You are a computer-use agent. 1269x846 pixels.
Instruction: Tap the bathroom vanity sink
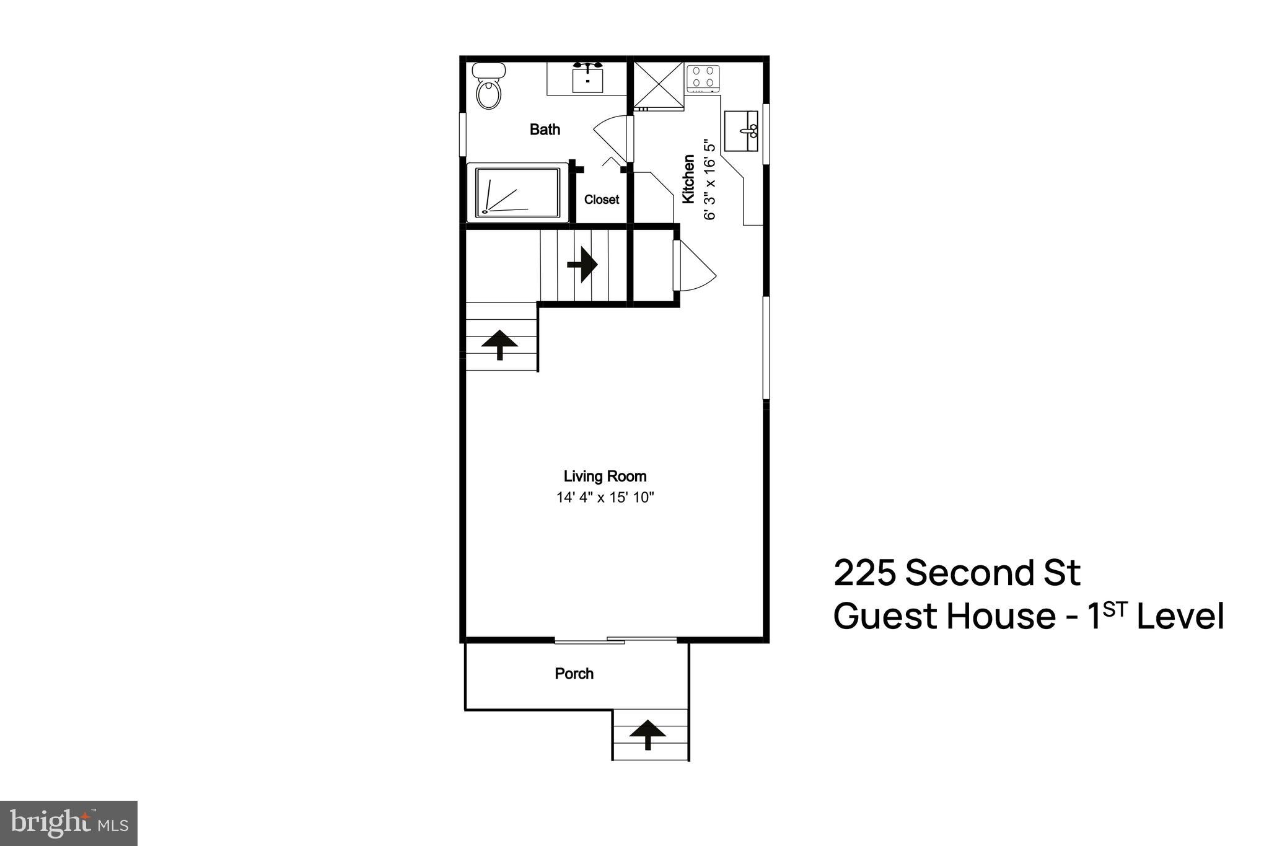[587, 79]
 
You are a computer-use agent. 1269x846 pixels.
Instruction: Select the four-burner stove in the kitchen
[703, 78]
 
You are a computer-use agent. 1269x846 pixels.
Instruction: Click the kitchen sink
[742, 131]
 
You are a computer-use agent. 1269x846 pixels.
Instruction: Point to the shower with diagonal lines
[517, 192]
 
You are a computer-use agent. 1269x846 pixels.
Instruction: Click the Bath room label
[545, 130]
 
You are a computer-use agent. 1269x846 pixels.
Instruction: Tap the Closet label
[601, 200]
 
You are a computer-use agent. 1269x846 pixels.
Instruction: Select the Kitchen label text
[688, 180]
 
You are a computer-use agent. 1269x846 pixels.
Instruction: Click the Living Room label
[605, 476]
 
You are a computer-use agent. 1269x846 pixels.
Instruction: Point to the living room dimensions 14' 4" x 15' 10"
[605, 497]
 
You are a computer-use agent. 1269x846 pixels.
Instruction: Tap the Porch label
[574, 674]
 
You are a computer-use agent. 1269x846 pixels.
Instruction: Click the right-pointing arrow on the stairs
[582, 265]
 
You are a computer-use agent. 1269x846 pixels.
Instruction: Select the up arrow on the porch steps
[648, 734]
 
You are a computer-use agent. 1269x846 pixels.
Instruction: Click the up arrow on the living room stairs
[500, 344]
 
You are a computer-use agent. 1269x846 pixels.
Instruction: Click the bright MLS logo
[69, 824]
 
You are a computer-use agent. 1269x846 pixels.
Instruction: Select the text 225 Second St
[957, 573]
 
